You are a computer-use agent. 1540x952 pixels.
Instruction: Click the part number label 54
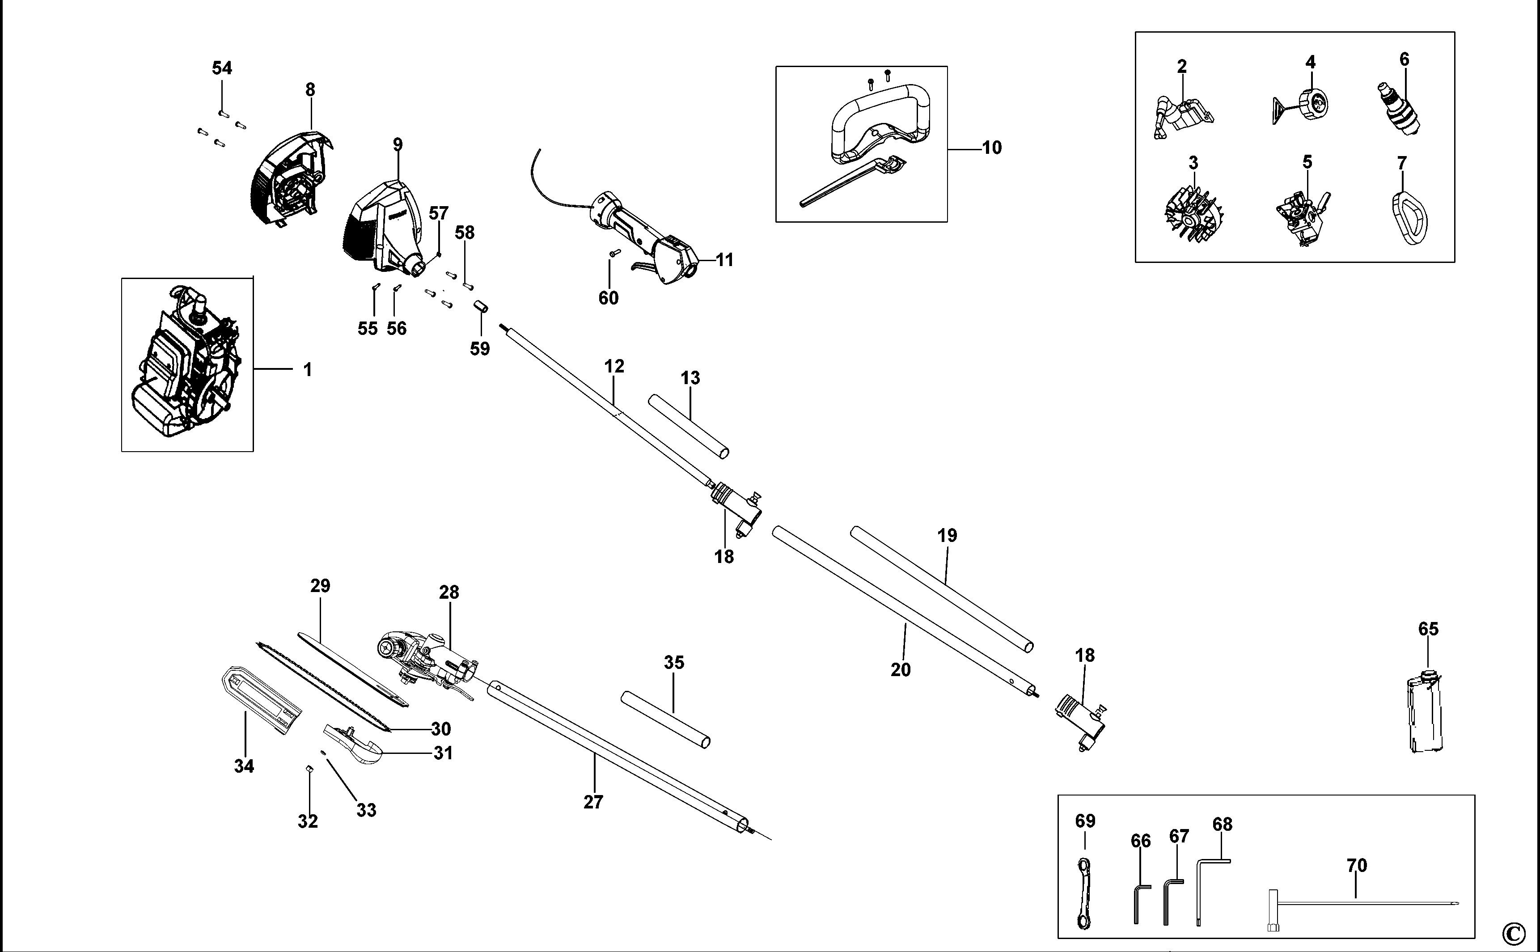[x=222, y=68]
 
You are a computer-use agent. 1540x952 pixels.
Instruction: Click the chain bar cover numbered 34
[x=261, y=699]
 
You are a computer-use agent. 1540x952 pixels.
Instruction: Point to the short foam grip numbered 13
[x=689, y=426]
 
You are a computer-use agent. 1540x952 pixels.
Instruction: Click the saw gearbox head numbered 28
[x=428, y=661]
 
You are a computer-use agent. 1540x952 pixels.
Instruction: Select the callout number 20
[x=900, y=669]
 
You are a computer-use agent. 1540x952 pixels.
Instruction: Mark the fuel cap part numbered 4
[x=1310, y=104]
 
